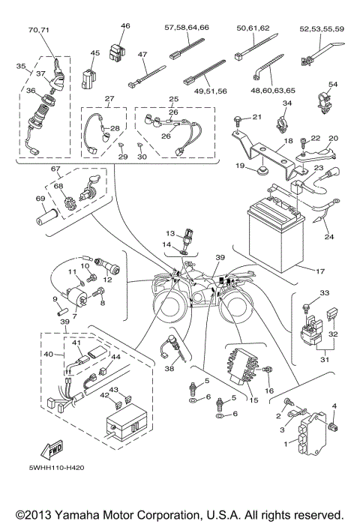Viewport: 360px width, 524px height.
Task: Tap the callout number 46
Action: [125, 25]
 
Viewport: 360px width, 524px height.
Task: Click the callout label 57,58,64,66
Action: [187, 27]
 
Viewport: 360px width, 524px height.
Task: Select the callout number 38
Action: [169, 369]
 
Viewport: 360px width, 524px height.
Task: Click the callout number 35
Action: [20, 66]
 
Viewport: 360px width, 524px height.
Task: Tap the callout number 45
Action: [94, 52]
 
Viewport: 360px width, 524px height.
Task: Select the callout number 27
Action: [109, 99]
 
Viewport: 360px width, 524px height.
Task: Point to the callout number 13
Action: [170, 234]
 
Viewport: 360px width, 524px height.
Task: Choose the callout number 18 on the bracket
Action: [267, 140]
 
